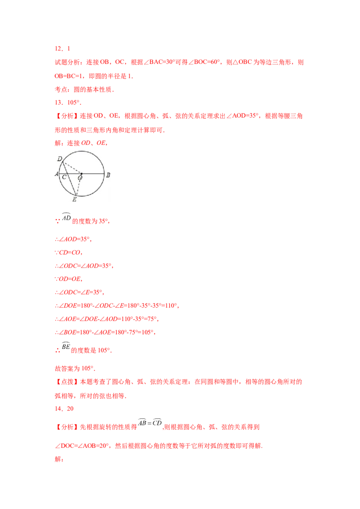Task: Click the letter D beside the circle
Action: click(x=60, y=159)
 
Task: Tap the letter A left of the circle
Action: click(x=57, y=174)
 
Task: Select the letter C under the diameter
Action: click(x=65, y=178)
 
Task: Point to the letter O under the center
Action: click(x=80, y=178)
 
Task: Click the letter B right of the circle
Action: click(x=108, y=174)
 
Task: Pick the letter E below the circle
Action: click(x=74, y=199)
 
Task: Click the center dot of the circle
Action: click(x=81, y=173)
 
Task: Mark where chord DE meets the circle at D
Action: click(x=62, y=162)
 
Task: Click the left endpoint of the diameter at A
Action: click(x=59, y=173)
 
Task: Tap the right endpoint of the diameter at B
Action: click(x=104, y=173)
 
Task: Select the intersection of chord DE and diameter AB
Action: click(x=66, y=173)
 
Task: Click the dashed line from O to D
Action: click(x=72, y=168)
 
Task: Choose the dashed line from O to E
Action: click(x=78, y=184)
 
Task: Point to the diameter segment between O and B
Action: click(x=93, y=173)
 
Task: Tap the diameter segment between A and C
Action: click(x=63, y=173)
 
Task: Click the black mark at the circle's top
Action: click(x=81, y=149)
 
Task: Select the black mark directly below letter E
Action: click(x=74, y=203)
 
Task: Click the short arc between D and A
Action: click(x=60, y=167)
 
